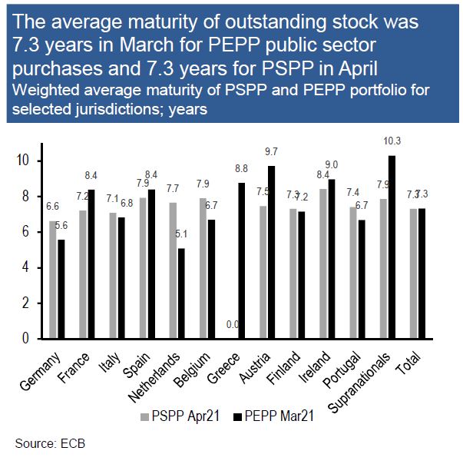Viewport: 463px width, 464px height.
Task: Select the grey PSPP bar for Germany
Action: [53, 280]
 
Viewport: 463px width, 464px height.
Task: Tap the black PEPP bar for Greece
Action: [242, 260]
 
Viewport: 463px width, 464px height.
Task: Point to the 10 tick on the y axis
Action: [23, 161]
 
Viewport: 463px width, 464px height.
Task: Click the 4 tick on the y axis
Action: [26, 267]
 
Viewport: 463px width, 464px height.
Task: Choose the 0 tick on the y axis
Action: [26, 338]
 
